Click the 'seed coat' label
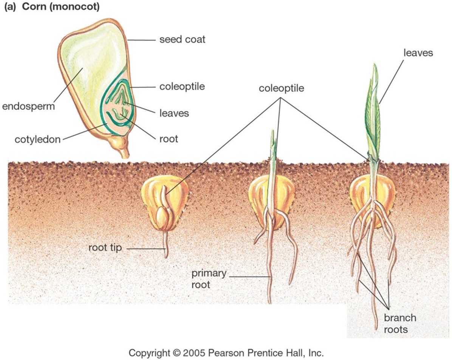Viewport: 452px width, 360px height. pyautogui.click(x=182, y=39)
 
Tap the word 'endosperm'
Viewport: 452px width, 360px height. pyautogui.click(x=28, y=106)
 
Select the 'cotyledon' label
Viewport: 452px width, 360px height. pyautogui.click(x=37, y=140)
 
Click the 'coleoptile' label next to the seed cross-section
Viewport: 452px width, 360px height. pyautogui.click(x=182, y=87)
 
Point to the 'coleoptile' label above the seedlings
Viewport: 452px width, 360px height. pyautogui.click(x=281, y=88)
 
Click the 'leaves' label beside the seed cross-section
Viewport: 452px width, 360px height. pyautogui.click(x=174, y=112)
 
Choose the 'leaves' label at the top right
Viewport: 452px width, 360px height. pyautogui.click(x=418, y=53)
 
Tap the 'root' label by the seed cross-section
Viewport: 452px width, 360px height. pyautogui.click(x=169, y=139)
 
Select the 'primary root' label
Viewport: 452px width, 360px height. pyautogui.click(x=209, y=278)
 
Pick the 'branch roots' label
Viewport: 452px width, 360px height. pyautogui.click(x=400, y=323)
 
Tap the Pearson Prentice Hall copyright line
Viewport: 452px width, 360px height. pyautogui.click(x=226, y=353)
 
